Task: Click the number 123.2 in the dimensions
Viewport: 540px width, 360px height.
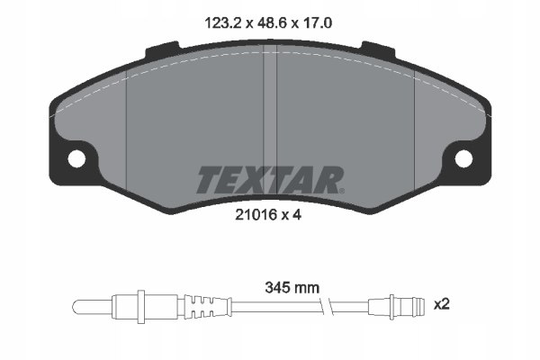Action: (x=223, y=23)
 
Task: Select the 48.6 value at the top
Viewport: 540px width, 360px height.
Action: (x=270, y=23)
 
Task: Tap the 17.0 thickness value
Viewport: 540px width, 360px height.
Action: (x=317, y=23)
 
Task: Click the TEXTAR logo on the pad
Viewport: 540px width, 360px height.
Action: (x=269, y=180)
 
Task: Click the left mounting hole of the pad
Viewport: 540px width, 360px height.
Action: (x=76, y=158)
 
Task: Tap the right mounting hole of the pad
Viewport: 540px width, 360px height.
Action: (x=463, y=158)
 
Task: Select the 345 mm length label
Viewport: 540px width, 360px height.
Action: (x=292, y=288)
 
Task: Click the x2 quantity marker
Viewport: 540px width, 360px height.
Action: (x=442, y=304)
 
